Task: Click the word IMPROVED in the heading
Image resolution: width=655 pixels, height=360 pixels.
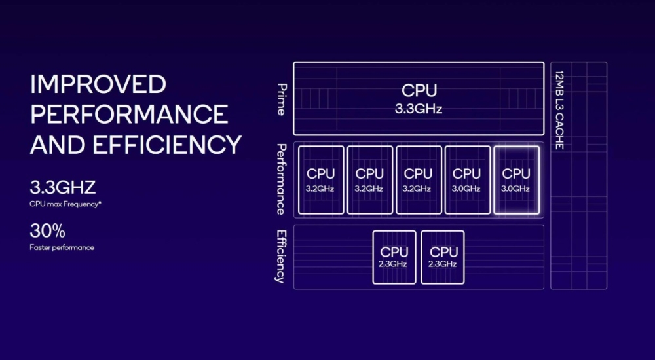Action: (98, 84)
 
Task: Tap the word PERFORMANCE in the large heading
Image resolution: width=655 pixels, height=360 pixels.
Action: (129, 115)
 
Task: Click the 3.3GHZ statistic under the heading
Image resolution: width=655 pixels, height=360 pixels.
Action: (63, 189)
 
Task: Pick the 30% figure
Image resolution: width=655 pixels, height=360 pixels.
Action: (47, 230)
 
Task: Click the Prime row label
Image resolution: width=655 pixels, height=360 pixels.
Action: (281, 99)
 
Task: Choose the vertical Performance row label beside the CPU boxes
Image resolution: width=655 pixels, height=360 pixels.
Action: (281, 179)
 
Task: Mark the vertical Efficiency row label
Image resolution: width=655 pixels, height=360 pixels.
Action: (281, 256)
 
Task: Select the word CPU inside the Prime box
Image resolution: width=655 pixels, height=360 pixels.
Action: (419, 91)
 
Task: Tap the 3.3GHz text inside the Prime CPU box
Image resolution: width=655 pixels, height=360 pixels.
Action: (419, 109)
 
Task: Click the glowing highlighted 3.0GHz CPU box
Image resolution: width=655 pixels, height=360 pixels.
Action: (515, 180)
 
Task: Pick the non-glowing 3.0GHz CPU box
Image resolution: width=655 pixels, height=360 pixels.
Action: (467, 180)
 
